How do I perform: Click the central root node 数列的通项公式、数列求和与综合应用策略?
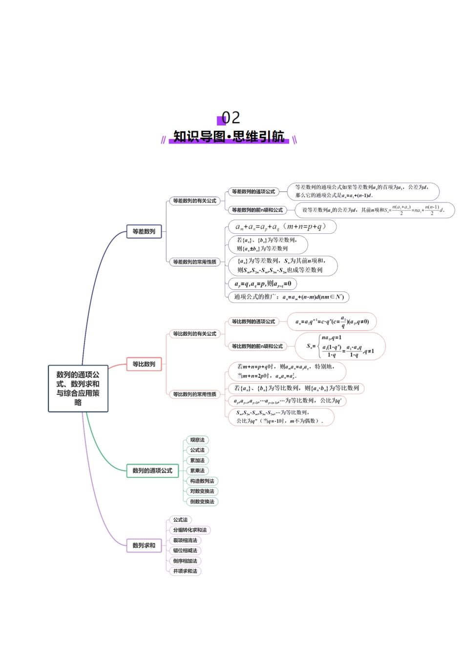click(78, 389)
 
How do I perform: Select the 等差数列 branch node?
click(144, 231)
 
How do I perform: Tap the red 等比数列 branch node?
click(144, 364)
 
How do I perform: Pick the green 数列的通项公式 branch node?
click(152, 471)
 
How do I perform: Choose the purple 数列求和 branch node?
click(144, 545)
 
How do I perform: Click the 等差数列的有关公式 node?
click(194, 201)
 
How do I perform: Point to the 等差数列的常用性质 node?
click(194, 262)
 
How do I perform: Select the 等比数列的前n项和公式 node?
click(257, 346)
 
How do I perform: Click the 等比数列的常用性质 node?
click(194, 394)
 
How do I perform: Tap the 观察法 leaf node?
click(197, 440)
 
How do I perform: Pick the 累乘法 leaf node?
click(197, 471)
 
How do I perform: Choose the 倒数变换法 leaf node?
click(202, 501)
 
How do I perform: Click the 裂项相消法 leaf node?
click(185, 540)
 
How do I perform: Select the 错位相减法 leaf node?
click(185, 551)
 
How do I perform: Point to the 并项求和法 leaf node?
click(185, 571)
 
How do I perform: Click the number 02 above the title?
click(231, 118)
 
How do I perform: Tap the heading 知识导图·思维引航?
click(229, 137)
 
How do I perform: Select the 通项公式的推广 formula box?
click(289, 297)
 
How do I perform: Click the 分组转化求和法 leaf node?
click(190, 530)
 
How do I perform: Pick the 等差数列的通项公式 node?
click(253, 192)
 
